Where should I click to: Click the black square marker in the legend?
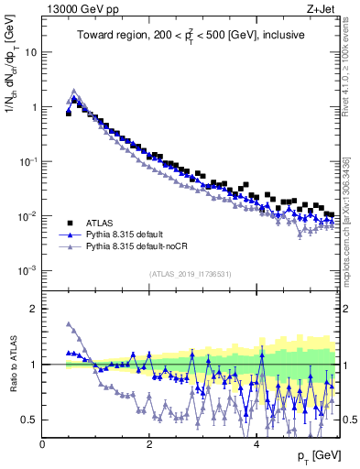70,222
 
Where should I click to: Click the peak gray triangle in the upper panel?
74,91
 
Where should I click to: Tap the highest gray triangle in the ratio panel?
69,323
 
